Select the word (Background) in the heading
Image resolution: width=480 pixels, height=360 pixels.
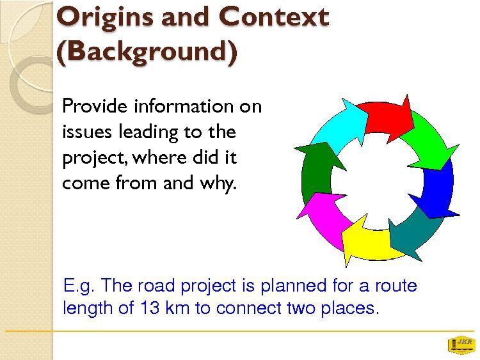(x=147, y=52)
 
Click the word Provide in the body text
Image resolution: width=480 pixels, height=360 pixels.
(x=95, y=106)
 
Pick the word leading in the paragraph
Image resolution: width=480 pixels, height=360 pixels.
(x=148, y=133)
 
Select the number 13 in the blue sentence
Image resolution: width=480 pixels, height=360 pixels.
(x=150, y=308)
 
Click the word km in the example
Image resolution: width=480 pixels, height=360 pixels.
(x=177, y=308)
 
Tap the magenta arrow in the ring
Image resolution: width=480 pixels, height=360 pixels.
(x=325, y=218)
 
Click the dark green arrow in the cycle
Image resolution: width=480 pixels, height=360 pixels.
(x=317, y=169)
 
